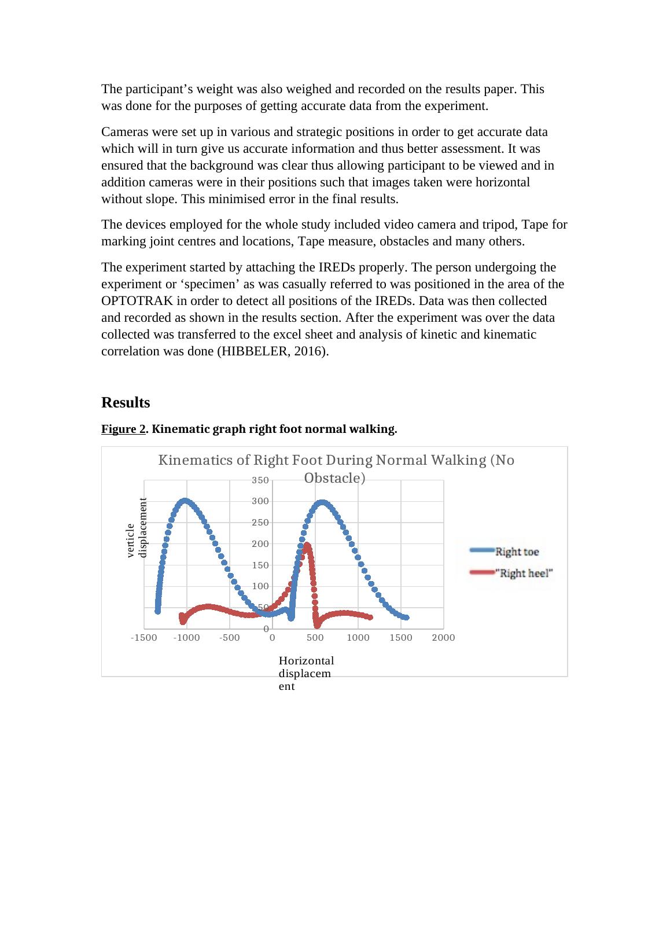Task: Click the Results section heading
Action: click(x=126, y=402)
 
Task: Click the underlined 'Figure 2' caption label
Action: click(x=123, y=429)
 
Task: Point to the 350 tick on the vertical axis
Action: click(x=260, y=480)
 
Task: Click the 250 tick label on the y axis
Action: click(x=260, y=523)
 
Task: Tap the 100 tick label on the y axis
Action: click(x=260, y=586)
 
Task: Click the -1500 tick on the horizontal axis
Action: click(x=144, y=638)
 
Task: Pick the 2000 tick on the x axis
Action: click(x=443, y=638)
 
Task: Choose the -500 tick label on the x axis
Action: click(x=230, y=638)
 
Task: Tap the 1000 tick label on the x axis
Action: click(x=358, y=638)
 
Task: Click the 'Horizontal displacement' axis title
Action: click(x=306, y=673)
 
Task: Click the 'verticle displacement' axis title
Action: click(x=137, y=527)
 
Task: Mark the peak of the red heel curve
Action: click(x=307, y=545)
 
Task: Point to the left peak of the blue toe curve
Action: click(x=185, y=500)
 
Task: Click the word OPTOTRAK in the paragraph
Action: click(x=135, y=301)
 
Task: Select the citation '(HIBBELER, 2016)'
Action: click(x=272, y=351)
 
